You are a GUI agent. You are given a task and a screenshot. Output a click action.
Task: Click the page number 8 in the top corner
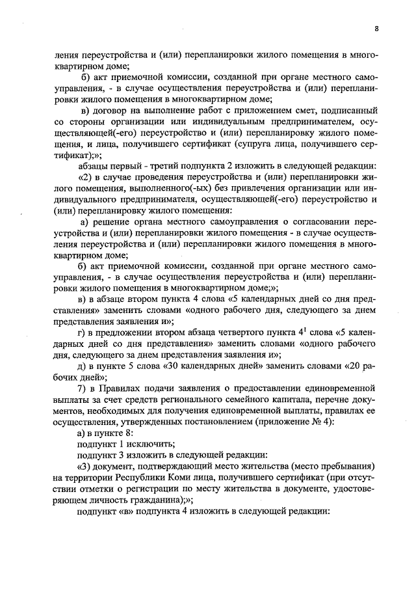pos(376,28)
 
